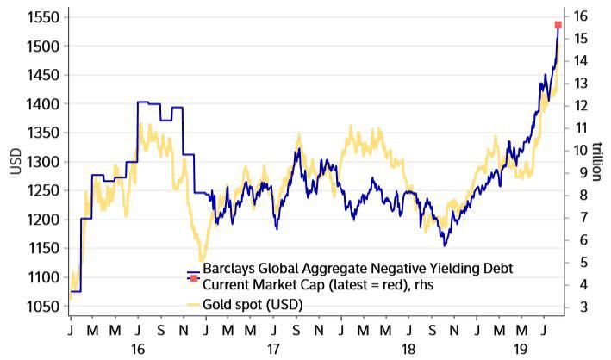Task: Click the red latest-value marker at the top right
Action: click(558, 25)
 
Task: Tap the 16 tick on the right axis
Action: click(581, 16)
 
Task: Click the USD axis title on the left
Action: click(16, 162)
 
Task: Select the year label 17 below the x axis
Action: click(272, 350)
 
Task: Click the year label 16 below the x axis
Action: click(139, 350)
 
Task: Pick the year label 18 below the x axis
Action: click(408, 350)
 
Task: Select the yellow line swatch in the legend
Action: click(193, 305)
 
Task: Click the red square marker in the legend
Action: click(194, 282)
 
